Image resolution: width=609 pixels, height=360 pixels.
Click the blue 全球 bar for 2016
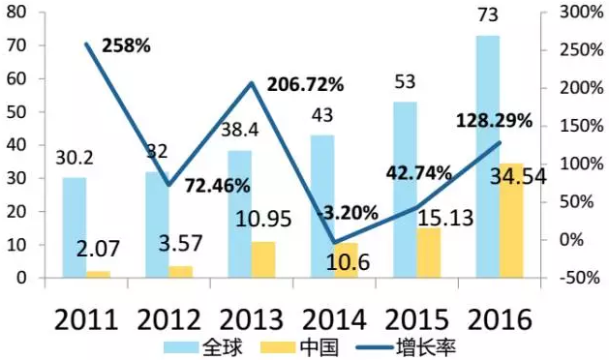pos(488,157)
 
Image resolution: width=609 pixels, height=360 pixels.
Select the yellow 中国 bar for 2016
pos(511,221)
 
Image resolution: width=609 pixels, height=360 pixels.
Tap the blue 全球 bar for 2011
pos(75,227)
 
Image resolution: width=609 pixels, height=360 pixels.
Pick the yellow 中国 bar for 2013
pos(263,259)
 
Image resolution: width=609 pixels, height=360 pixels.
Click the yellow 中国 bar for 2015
pos(429,253)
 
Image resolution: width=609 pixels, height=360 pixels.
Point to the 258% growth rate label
pos(126,45)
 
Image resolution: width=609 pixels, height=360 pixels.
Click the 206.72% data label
pos(306,84)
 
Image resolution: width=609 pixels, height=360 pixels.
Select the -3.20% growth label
pos(348,213)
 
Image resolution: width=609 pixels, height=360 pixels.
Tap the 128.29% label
pos(494,121)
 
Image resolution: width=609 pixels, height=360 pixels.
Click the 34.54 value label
pos(518,177)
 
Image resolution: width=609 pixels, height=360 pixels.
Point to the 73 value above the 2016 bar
pos(487,15)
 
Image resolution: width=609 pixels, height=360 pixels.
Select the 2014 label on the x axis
pos(334,320)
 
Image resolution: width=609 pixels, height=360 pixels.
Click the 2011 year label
pos(86,320)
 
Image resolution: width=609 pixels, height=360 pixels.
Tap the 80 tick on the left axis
pos(16,13)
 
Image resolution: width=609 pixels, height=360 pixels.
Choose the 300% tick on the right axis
pos(582,13)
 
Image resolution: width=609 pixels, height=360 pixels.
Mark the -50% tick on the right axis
pos(580,278)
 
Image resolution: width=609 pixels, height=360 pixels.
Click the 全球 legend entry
pos(202,346)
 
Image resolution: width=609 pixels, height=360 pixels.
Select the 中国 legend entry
pos(299,346)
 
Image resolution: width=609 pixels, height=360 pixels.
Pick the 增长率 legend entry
pos(406,346)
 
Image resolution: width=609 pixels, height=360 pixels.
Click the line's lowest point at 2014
pos(334,243)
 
